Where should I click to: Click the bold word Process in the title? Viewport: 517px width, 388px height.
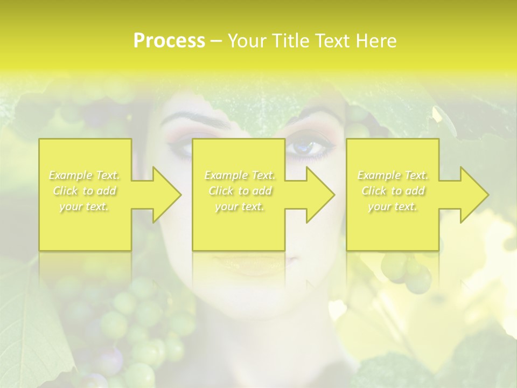tap(169, 41)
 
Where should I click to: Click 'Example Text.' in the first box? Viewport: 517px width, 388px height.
tap(85, 175)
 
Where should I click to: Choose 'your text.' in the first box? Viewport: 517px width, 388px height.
tap(85, 207)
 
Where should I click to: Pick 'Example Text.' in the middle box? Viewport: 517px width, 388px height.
tap(240, 175)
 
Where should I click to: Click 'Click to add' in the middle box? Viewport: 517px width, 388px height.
tap(240, 191)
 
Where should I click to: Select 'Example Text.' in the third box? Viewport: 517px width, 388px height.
tap(393, 175)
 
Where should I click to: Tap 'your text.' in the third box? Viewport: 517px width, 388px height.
tap(393, 207)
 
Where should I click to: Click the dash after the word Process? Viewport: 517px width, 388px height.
tap(216, 41)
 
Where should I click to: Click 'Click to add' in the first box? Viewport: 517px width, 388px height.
tap(85, 191)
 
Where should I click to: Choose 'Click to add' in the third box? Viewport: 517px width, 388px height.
tap(393, 191)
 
